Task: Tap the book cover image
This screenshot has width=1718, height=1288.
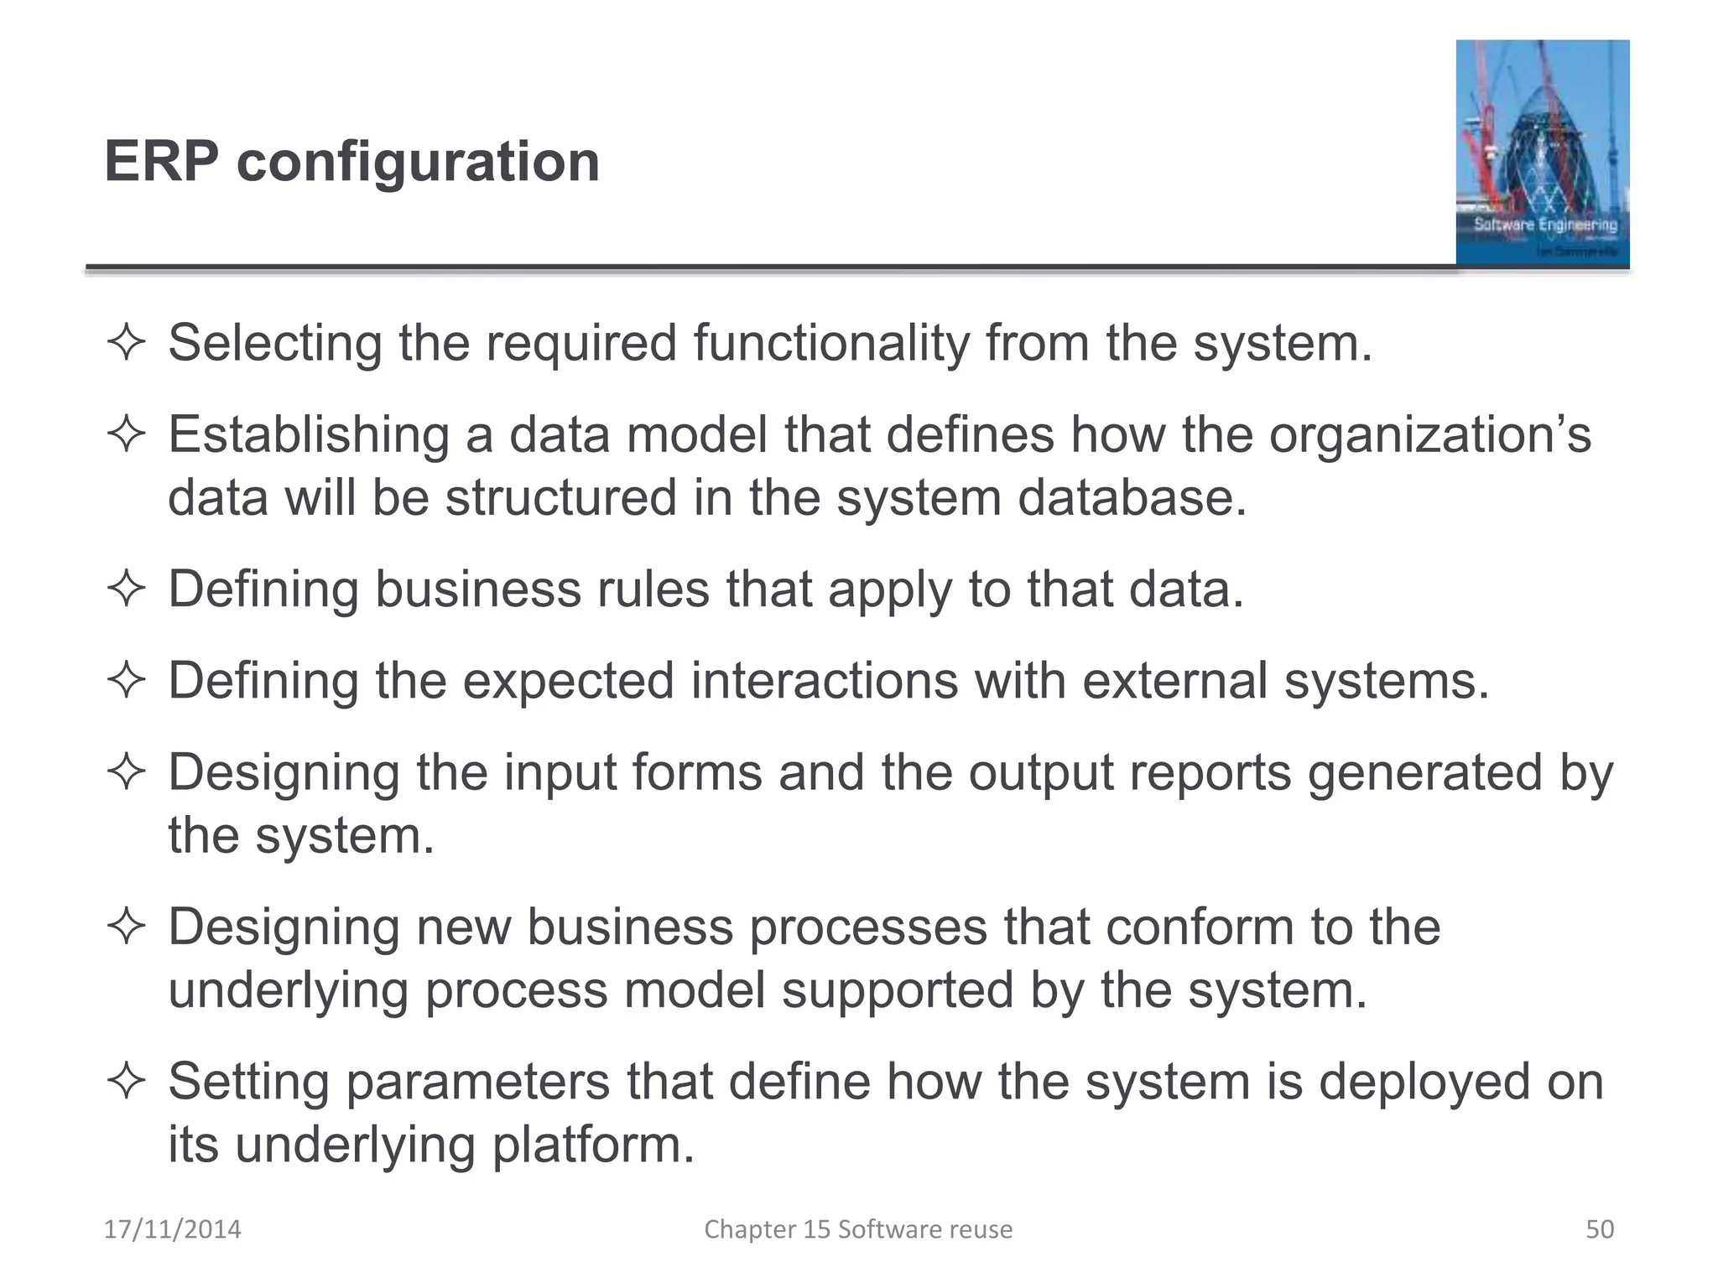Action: click(x=1542, y=153)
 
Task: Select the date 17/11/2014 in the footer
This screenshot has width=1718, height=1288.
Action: click(x=172, y=1229)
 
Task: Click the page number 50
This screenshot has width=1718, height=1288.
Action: click(x=1599, y=1229)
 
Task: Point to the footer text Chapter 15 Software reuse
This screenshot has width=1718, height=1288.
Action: click(x=858, y=1229)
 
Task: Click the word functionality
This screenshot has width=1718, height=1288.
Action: click(x=830, y=344)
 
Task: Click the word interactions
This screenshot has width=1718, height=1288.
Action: click(x=824, y=680)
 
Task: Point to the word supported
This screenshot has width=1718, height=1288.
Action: click(x=898, y=989)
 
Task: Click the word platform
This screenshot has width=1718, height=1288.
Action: click(x=593, y=1145)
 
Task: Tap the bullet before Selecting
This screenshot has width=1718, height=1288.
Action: click(x=127, y=344)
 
